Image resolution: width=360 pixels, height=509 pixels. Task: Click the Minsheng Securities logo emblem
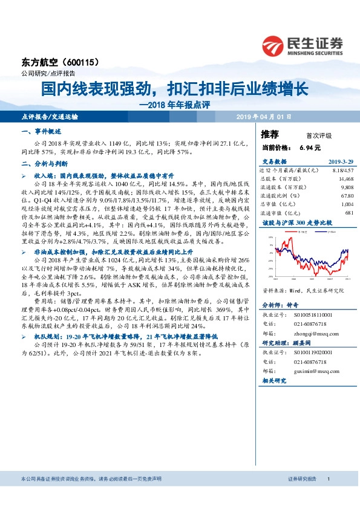[272, 45]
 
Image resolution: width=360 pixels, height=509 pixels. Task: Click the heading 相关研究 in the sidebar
[275, 381]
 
